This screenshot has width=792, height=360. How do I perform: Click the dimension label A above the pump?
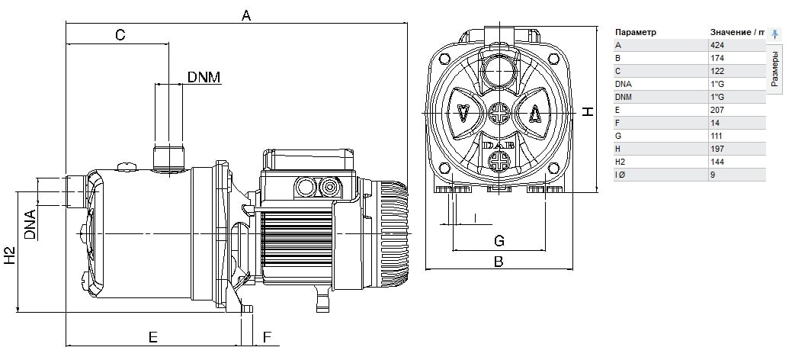[x=246, y=16]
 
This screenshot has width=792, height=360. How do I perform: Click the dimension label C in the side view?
[x=120, y=35]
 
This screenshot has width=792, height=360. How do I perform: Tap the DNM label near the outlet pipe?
[x=204, y=77]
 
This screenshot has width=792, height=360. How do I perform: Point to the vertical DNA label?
[x=30, y=224]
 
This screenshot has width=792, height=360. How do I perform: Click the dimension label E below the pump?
[x=152, y=337]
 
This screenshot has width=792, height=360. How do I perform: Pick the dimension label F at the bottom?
[x=268, y=337]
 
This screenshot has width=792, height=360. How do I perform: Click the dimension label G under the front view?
[x=499, y=241]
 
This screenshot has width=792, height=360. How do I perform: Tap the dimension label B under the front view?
[x=499, y=262]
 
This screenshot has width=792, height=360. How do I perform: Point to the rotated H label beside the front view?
[x=588, y=111]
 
